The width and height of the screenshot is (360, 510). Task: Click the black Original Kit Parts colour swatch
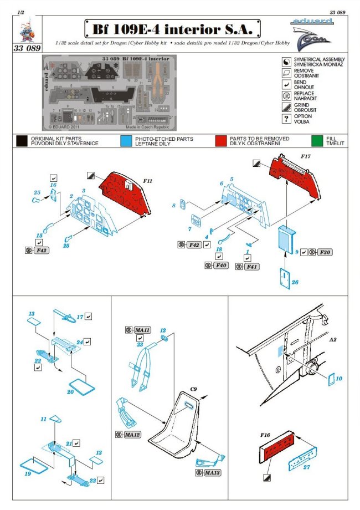[x=22, y=141]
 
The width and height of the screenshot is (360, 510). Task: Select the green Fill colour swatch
[x=316, y=141]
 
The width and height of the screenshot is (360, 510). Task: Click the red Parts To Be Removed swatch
[x=221, y=141]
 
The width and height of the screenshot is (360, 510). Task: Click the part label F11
[x=148, y=181]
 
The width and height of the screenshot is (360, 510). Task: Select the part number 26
[x=295, y=282]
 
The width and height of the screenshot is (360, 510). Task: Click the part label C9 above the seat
[x=194, y=389]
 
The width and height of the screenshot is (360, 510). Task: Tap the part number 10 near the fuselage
[x=339, y=378]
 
